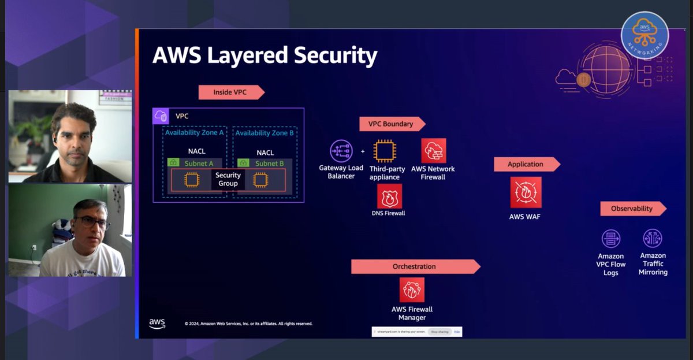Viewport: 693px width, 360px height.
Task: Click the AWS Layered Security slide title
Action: [264, 56]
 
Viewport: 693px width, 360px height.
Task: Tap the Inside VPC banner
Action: [230, 92]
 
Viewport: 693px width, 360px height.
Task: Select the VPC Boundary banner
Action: [392, 124]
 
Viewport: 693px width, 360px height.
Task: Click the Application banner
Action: [526, 164]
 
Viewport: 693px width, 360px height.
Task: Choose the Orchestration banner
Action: [415, 266]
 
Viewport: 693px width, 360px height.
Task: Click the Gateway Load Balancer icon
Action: [341, 151]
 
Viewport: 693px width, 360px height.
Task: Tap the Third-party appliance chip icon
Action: [384, 151]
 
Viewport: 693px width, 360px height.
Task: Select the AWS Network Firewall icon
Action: [433, 150]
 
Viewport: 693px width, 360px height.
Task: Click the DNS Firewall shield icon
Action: [389, 196]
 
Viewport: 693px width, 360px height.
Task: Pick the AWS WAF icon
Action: [526, 192]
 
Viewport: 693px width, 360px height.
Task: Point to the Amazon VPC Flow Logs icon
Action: [610, 239]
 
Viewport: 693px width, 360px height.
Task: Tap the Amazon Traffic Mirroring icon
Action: [653, 238]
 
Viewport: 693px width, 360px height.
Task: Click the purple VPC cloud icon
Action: [161, 116]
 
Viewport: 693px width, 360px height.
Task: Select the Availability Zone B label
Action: [264, 133]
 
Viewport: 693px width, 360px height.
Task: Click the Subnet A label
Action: [195, 164]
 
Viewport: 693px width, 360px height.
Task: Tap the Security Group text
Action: [228, 179]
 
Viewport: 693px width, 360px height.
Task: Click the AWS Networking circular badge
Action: [644, 35]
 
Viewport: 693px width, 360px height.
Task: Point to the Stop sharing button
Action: [440, 332]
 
